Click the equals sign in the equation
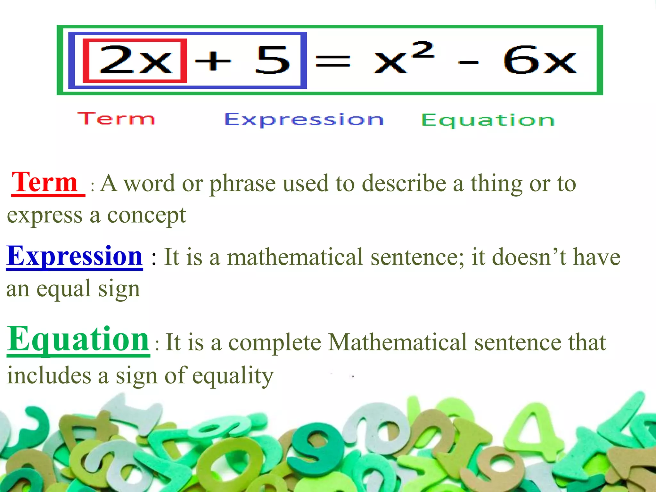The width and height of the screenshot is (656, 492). tap(333, 61)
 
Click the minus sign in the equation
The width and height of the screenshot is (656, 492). tap(468, 62)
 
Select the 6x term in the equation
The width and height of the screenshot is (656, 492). tap(540, 60)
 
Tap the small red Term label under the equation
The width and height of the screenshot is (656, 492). tap(116, 119)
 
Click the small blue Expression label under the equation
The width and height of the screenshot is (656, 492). tap(304, 120)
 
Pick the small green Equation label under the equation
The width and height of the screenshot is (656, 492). tap(487, 120)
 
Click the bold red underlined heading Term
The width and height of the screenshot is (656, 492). tap(45, 183)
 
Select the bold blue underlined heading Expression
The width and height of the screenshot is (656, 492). tap(74, 256)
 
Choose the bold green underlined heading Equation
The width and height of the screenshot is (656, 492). tap(78, 340)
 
